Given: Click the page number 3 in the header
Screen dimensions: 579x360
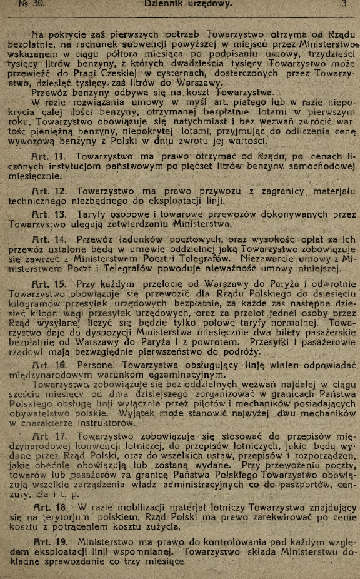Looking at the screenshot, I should pos(344,4).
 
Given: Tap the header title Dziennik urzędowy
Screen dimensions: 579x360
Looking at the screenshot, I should pos(187,4).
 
